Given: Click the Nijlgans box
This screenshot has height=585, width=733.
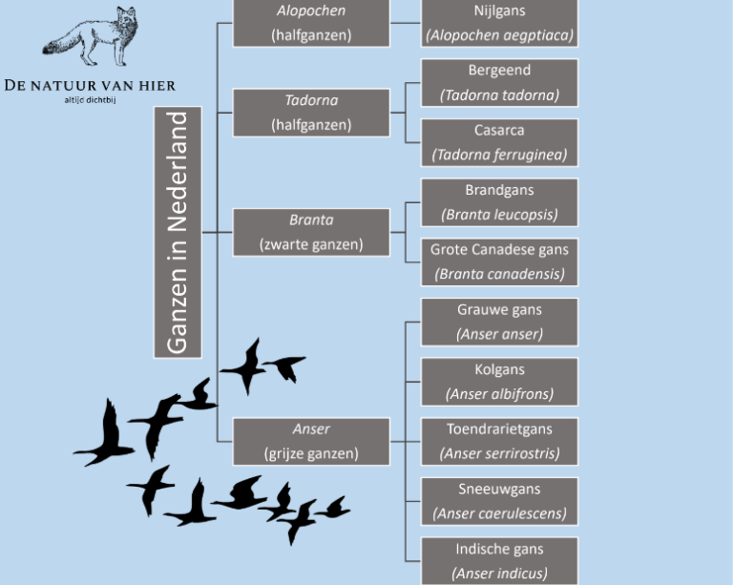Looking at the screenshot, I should coord(499,23).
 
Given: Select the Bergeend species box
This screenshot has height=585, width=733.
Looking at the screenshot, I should coord(499,83).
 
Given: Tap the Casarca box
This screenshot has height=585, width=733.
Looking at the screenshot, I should coord(499,142).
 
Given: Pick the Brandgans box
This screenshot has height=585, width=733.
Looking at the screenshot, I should coord(499,202).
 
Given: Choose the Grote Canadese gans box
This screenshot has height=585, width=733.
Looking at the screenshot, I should coord(499,261).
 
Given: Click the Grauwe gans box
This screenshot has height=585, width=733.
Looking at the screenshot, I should coord(499,322).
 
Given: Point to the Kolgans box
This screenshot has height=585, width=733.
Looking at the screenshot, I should coord(499,382).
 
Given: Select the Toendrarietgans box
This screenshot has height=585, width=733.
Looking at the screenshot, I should coord(499,441).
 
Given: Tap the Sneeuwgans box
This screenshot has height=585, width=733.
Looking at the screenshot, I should coord(499,501).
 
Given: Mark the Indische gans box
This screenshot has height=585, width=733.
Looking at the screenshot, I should coord(499,561).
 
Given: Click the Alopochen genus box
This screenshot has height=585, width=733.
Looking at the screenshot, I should coord(311,23).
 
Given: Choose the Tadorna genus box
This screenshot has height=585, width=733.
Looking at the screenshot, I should coord(311,113).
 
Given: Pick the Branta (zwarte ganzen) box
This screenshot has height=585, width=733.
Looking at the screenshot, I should coord(311,232).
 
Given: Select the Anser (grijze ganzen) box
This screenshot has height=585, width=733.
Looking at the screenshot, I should coord(311,441).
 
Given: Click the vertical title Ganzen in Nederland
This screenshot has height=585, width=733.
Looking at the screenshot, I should coord(178,232).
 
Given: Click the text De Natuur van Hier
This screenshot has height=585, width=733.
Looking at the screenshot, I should coord(90,85).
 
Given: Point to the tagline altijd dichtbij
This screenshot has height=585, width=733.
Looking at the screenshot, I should coord(90,98).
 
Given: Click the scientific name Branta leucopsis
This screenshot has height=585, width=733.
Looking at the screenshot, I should coord(499,214).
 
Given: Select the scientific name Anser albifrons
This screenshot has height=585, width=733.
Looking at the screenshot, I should coord(499,393).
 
